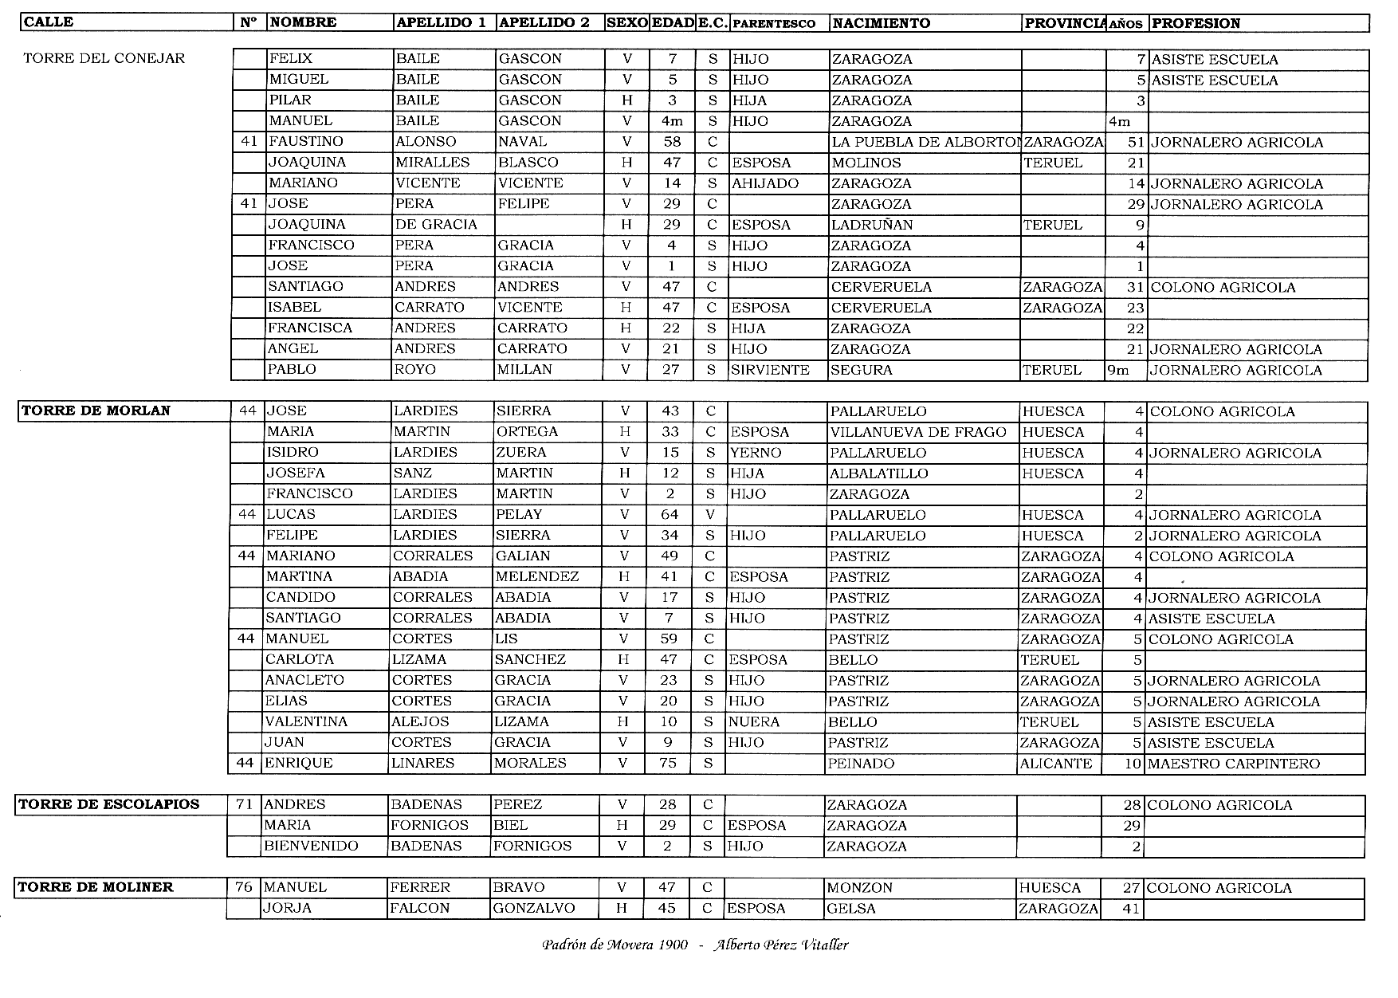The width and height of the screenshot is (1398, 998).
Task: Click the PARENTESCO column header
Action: point(773,24)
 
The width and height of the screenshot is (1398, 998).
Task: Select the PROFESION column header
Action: point(1196,23)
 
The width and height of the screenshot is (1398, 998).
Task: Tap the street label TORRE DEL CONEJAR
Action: point(104,58)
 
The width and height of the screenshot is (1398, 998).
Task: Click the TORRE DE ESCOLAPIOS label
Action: point(108,804)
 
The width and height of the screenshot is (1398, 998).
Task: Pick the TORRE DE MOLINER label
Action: point(96,887)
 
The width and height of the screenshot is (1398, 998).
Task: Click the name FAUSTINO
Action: point(306,142)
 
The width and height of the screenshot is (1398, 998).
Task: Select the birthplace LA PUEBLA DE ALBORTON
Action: point(925,143)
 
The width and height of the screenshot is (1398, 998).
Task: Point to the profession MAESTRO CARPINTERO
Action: point(1234,764)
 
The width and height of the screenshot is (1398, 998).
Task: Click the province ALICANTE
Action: point(1055,764)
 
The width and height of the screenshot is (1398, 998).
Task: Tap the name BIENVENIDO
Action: point(312,846)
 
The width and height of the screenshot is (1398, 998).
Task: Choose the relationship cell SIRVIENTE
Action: point(770,370)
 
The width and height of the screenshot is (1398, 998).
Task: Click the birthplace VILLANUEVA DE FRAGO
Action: point(917,432)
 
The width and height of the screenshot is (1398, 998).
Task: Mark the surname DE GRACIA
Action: point(436,225)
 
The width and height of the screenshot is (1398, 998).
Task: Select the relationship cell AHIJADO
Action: point(764,183)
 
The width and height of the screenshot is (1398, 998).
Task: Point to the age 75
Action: point(668,763)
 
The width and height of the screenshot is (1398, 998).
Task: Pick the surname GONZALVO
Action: point(533,908)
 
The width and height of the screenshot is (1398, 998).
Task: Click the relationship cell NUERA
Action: point(753,722)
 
